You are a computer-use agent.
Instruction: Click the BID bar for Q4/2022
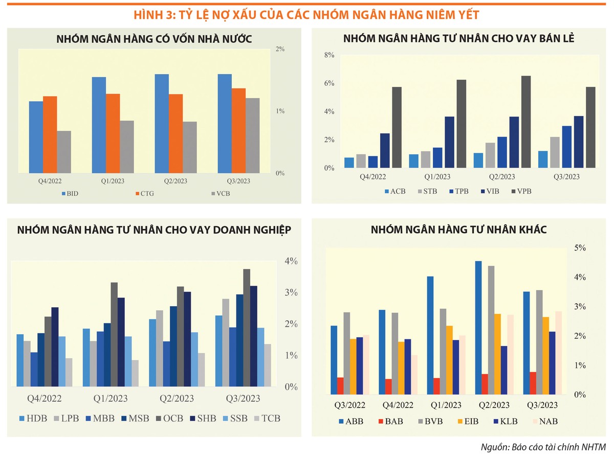coord(36,137)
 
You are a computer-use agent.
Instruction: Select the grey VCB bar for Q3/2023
coord(252,135)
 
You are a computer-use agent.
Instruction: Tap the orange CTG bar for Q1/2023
coord(113,133)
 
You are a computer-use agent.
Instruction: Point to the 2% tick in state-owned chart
coord(280,49)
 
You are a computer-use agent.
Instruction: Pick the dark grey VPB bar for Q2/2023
coord(526,122)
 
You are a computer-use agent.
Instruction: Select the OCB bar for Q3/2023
coord(247,328)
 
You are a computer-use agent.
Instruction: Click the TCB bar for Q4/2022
coord(69,372)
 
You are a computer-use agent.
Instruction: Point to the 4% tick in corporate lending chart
coord(291,261)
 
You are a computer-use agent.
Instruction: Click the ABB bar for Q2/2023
coord(478,328)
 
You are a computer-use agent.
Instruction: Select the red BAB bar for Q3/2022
coord(341,386)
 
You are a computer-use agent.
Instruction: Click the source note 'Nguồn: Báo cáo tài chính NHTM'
coord(543,448)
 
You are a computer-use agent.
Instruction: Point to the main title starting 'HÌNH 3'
coord(306,15)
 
